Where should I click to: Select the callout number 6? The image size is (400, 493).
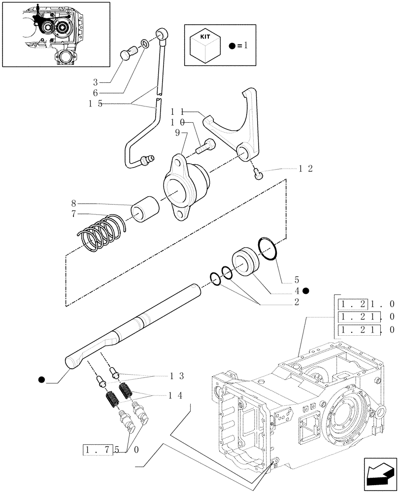96,92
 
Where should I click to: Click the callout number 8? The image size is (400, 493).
73,203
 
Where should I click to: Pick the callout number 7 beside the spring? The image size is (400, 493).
73,213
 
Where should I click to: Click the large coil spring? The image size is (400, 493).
102,232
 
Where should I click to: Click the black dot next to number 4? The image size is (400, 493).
306,291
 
